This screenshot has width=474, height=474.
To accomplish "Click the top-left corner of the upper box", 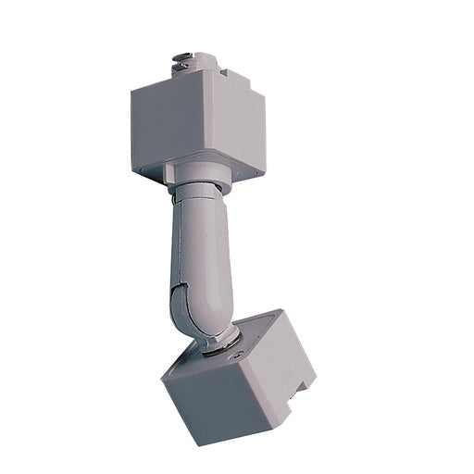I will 132,90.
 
